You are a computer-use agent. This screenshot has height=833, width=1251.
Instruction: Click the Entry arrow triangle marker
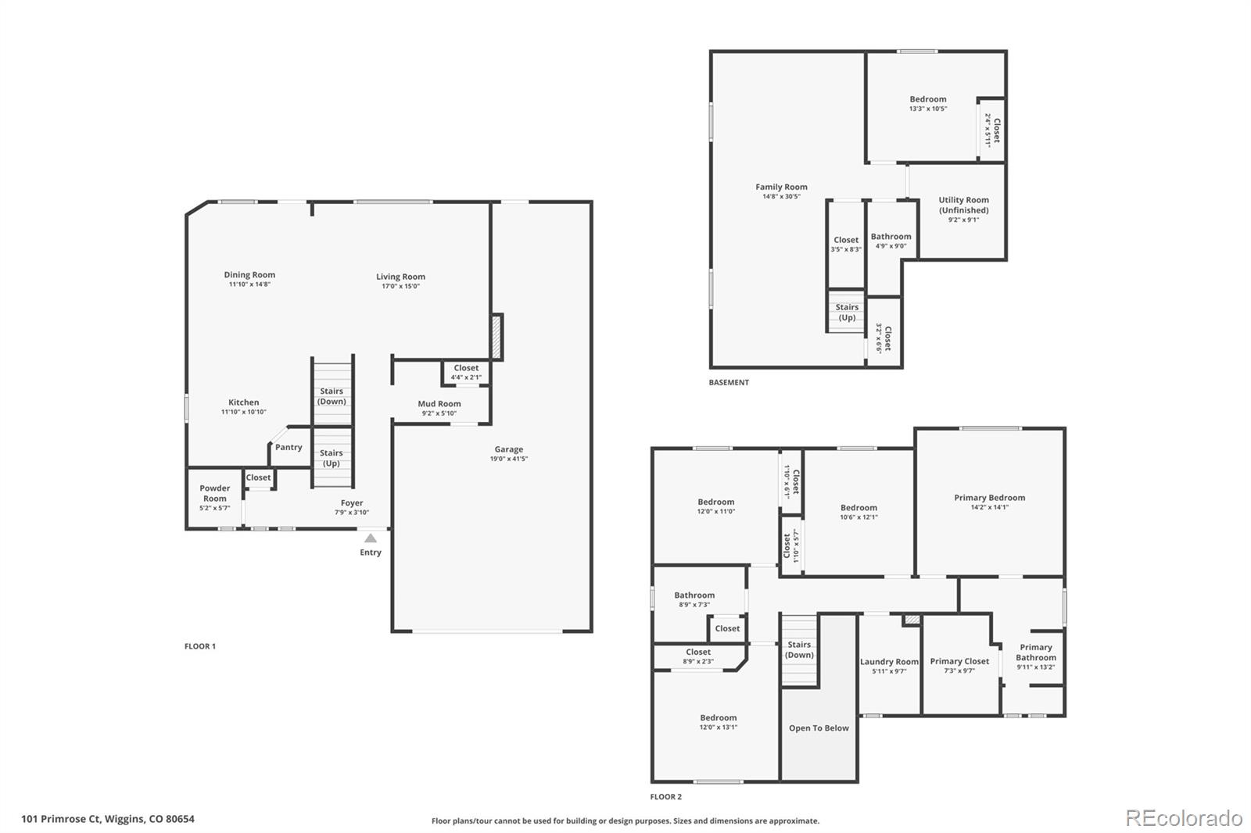point(371,538)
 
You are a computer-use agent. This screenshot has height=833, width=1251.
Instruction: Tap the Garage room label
point(508,449)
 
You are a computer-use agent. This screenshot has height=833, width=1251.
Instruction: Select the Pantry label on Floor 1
point(289,448)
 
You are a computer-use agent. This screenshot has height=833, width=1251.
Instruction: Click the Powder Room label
point(214,493)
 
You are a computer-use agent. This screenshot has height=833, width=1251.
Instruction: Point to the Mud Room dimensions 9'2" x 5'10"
point(439,413)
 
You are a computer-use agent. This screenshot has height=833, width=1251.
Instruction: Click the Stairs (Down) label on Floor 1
point(332,396)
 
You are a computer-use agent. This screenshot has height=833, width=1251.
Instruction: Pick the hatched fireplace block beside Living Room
point(496,337)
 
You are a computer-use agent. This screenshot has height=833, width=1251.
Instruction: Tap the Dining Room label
point(249,275)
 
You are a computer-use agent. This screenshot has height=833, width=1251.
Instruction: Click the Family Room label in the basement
point(781,187)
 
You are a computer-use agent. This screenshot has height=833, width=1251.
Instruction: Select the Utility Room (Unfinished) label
point(963,205)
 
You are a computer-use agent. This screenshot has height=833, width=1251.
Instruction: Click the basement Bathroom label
point(891,237)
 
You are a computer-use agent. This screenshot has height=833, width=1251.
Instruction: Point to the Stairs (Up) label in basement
point(847,313)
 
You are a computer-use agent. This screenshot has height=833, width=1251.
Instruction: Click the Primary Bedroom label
point(989,498)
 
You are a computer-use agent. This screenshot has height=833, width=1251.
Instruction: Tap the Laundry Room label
point(889,662)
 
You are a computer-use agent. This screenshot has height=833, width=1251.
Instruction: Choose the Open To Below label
point(819,728)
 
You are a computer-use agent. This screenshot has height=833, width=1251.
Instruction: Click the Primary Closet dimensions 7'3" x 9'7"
point(959,670)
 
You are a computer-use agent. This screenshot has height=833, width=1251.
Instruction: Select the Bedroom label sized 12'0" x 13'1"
point(718,718)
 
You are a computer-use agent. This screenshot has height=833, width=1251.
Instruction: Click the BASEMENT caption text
point(729,383)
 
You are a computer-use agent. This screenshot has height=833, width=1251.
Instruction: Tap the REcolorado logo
point(1183,818)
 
